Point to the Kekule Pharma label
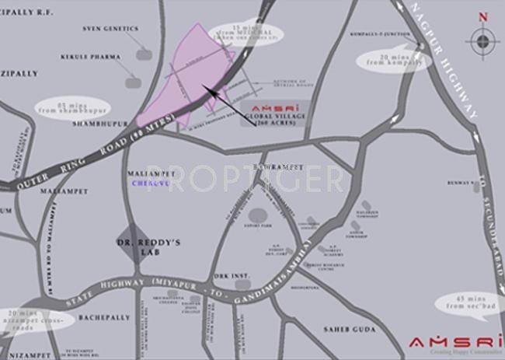(x=92, y=57)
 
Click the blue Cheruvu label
(x=151, y=185)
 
